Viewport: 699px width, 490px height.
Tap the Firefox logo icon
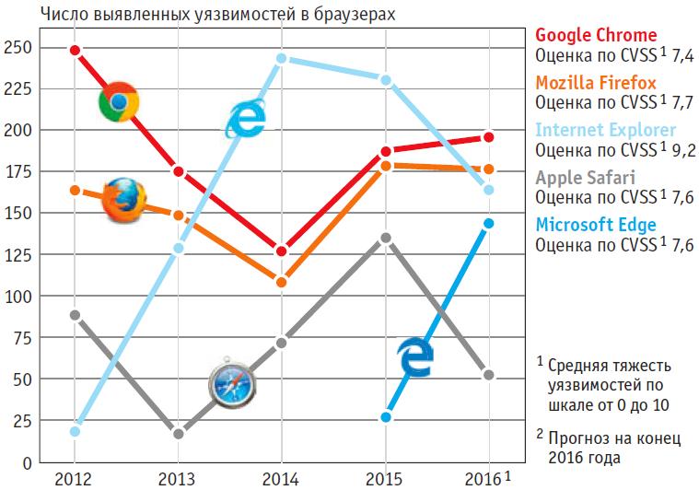(122, 200)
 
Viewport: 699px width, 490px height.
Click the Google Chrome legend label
(596, 36)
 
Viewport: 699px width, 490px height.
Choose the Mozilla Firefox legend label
(596, 83)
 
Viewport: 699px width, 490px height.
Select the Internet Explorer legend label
(605, 130)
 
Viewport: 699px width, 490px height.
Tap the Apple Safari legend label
(585, 177)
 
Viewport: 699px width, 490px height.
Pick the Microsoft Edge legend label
(596, 225)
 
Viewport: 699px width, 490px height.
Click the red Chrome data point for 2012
(75, 50)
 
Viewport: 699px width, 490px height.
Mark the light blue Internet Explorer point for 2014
(282, 58)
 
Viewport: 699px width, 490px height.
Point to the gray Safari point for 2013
(179, 434)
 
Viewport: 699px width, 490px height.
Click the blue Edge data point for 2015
(386, 417)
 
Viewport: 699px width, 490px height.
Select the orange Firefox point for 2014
(282, 282)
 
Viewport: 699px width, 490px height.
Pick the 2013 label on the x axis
(178, 478)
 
